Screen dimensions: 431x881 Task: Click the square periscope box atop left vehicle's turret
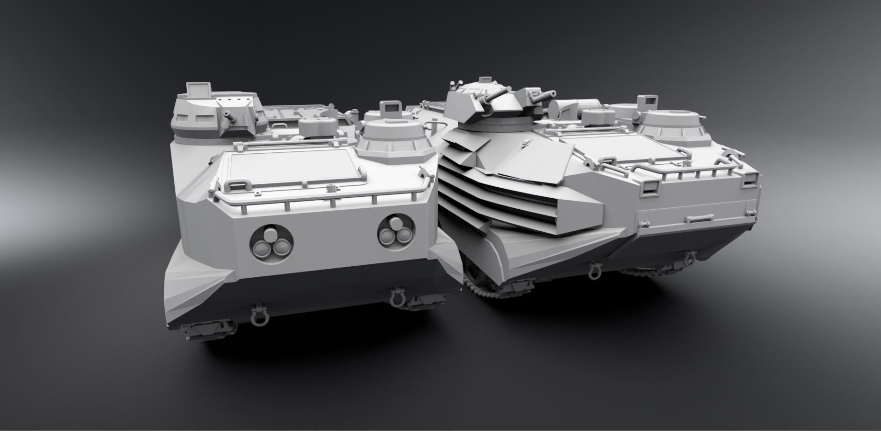click(x=199, y=90)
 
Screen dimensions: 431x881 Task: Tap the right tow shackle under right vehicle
click(x=690, y=259)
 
